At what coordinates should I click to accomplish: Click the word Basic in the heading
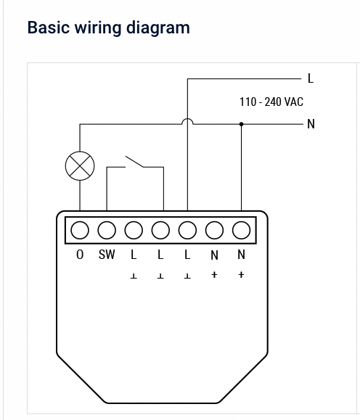pyautogui.click(x=49, y=28)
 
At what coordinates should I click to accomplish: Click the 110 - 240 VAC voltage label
pyautogui.click(x=271, y=102)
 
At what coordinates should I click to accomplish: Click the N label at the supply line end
pyautogui.click(x=311, y=124)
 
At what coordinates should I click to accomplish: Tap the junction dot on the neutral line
pyautogui.click(x=242, y=124)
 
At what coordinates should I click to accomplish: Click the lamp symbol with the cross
pyautogui.click(x=80, y=166)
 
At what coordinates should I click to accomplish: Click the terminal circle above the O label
pyautogui.click(x=80, y=231)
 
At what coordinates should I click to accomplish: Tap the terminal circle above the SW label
pyautogui.click(x=107, y=231)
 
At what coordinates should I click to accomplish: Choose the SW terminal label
pyautogui.click(x=107, y=255)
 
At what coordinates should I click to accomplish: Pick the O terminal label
pyautogui.click(x=80, y=255)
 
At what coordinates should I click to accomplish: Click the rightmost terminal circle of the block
pyautogui.click(x=242, y=231)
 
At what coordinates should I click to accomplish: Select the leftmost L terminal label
pyautogui.click(x=134, y=255)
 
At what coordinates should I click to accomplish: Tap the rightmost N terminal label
pyautogui.click(x=242, y=255)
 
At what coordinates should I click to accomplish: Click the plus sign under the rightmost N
pyautogui.click(x=242, y=275)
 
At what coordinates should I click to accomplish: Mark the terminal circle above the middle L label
pyautogui.click(x=160, y=231)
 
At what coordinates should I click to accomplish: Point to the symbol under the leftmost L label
pyautogui.click(x=134, y=276)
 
